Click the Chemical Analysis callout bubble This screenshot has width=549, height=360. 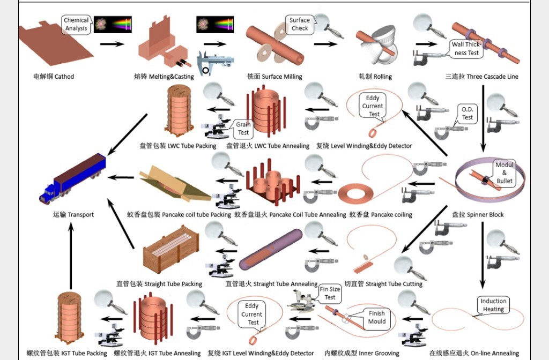(x=76, y=24)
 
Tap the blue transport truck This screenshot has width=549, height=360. (x=72, y=178)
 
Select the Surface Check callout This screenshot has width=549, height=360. (x=300, y=24)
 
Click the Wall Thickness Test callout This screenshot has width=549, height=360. (x=467, y=49)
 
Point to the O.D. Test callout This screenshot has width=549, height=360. (x=467, y=114)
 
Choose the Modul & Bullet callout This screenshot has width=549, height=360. (x=505, y=173)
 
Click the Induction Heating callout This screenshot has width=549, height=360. (x=493, y=305)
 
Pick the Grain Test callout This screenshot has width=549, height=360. (x=243, y=129)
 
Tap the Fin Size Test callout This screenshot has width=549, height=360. (x=330, y=293)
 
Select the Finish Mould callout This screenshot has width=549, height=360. (x=377, y=318)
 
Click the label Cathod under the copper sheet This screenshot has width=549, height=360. (x=54, y=77)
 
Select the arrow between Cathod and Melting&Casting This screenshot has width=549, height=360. (x=112, y=44)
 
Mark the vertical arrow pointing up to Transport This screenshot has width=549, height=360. (x=70, y=256)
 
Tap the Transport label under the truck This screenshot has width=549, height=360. (x=73, y=215)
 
